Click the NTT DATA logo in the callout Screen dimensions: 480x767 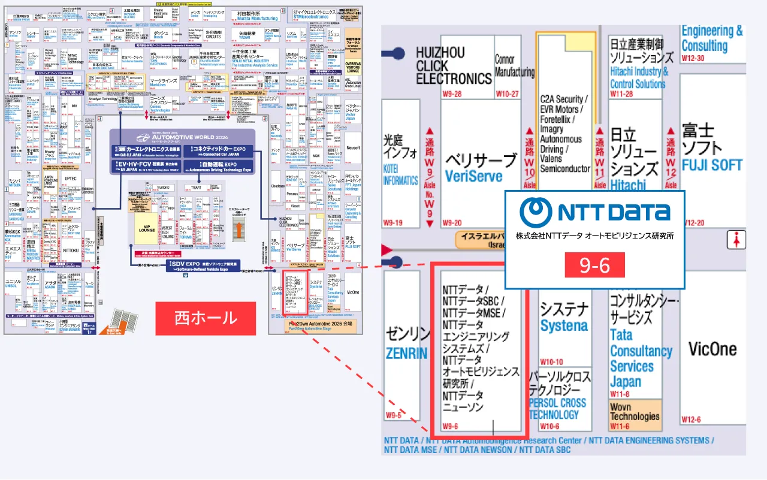594,212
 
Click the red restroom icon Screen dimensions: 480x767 735,240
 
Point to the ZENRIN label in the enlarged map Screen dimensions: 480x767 407,353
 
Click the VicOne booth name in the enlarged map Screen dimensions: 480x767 712,349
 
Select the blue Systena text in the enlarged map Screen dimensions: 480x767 564,326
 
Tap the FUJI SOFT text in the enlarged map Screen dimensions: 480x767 712,165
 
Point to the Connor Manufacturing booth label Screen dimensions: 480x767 514,66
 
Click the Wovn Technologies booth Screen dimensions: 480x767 635,412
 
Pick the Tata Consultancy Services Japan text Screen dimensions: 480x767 641,358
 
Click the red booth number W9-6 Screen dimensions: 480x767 450,426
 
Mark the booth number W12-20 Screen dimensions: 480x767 693,223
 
